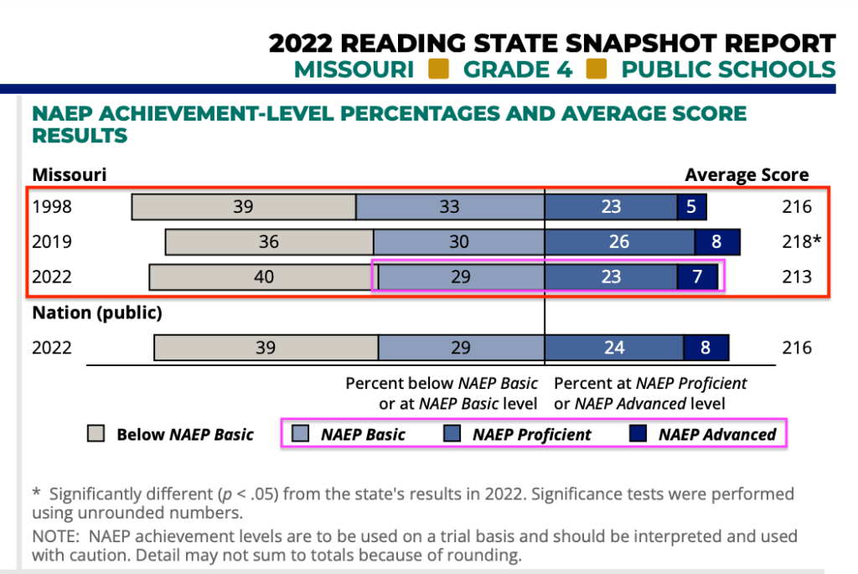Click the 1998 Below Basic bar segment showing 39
pyautogui.click(x=243, y=207)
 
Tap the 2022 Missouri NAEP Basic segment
pyautogui.click(x=460, y=277)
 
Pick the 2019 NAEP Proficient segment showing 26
pyautogui.click(x=619, y=242)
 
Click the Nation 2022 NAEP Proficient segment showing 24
pyautogui.click(x=614, y=348)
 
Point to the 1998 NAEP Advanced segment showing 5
pyautogui.click(x=691, y=207)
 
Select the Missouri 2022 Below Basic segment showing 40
pyautogui.click(x=263, y=277)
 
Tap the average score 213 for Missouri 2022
pyautogui.click(x=796, y=277)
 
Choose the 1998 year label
pyautogui.click(x=52, y=207)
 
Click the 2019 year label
pyautogui.click(x=52, y=242)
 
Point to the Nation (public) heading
pyautogui.click(x=97, y=313)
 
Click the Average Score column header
pyautogui.click(x=747, y=175)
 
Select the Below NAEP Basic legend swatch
pyautogui.click(x=96, y=434)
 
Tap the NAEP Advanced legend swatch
pyautogui.click(x=638, y=434)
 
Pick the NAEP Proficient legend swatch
pyautogui.click(x=452, y=434)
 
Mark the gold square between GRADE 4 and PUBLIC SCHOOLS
pyautogui.click(x=597, y=69)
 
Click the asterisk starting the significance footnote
pyautogui.click(x=37, y=493)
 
